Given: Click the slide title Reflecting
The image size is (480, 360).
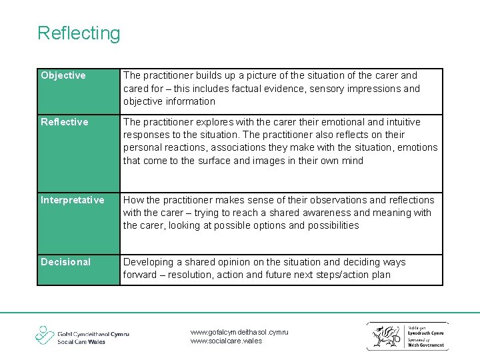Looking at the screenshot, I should tap(79, 33).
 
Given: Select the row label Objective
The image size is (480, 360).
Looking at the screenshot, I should tap(63, 76).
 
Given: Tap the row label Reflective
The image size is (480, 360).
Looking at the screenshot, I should tap(65, 122).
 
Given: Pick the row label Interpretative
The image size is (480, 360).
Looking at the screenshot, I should tap(73, 200).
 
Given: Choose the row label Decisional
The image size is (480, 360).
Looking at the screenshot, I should tap(65, 262).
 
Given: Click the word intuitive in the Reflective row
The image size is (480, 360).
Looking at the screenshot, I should tap(400, 122).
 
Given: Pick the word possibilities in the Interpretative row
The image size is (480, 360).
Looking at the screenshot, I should tap(333, 225).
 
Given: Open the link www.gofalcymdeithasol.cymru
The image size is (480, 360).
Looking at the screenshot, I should tap(239, 331).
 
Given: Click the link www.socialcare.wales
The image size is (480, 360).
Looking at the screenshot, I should tap(226, 341).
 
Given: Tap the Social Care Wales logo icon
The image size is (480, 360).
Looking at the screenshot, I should tap(45, 335).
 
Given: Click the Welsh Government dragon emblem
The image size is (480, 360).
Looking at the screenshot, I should tap(386, 335).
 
